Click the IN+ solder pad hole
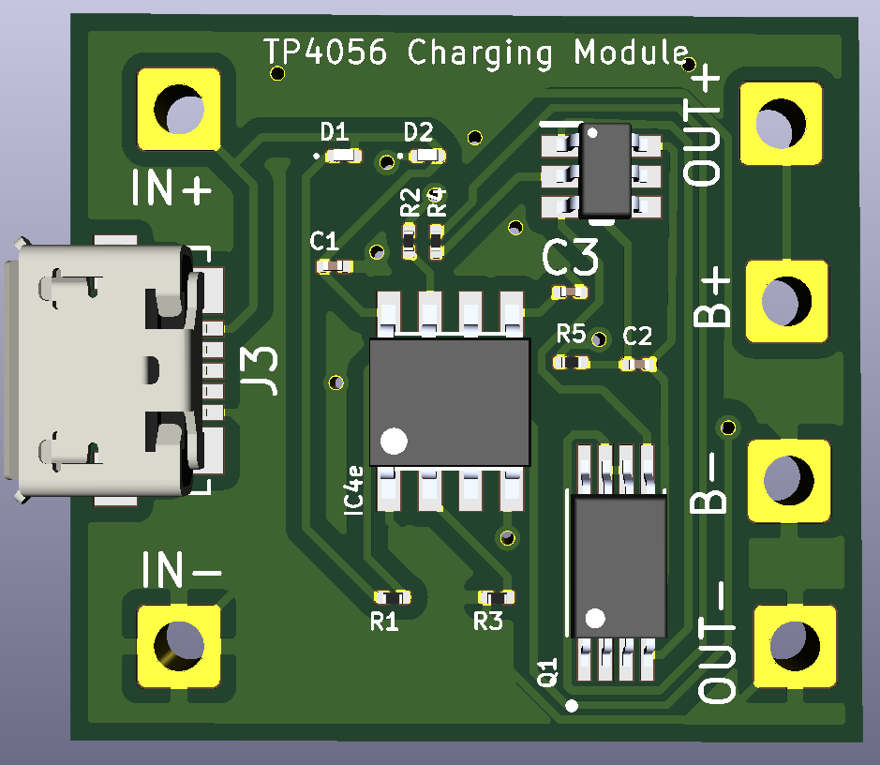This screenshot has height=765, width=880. tap(179, 110)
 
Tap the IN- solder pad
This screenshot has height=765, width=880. tap(179, 645)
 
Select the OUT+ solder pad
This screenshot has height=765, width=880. tap(782, 122)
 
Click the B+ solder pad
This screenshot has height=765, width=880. tap(787, 300)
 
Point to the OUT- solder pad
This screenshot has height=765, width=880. tap(795, 645)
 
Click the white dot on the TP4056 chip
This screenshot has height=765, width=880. tap(395, 440)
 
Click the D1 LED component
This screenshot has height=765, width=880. tap(343, 156)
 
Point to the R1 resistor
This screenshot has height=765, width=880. tap(392, 597)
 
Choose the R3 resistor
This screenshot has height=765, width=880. tap(497, 597)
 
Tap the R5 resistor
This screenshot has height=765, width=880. tap(570, 362)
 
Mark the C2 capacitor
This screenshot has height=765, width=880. tap(638, 363)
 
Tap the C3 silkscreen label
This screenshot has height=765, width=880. tap(571, 257)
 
